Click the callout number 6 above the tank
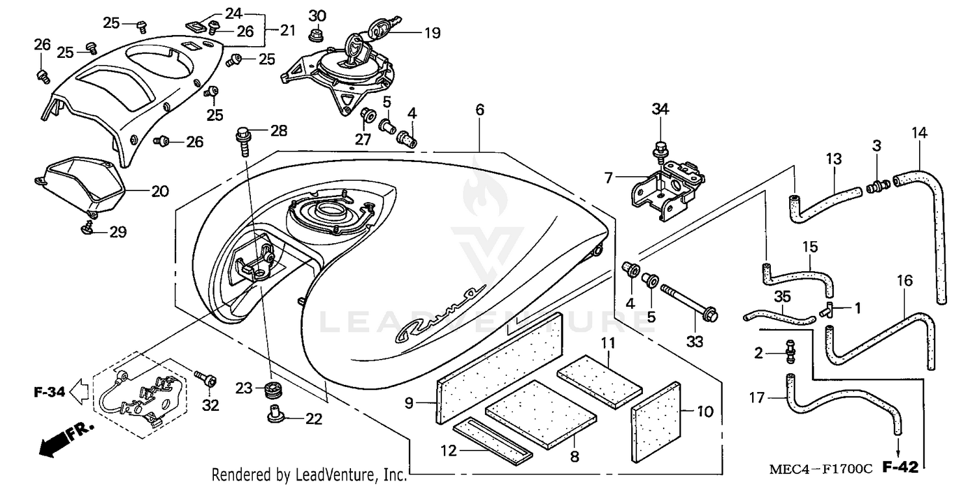pos(480,111)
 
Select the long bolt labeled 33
pos(688,303)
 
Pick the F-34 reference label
pos(49,392)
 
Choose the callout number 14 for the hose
pos(919,133)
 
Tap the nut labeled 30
pos(317,33)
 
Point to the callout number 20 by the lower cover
pos(160,191)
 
